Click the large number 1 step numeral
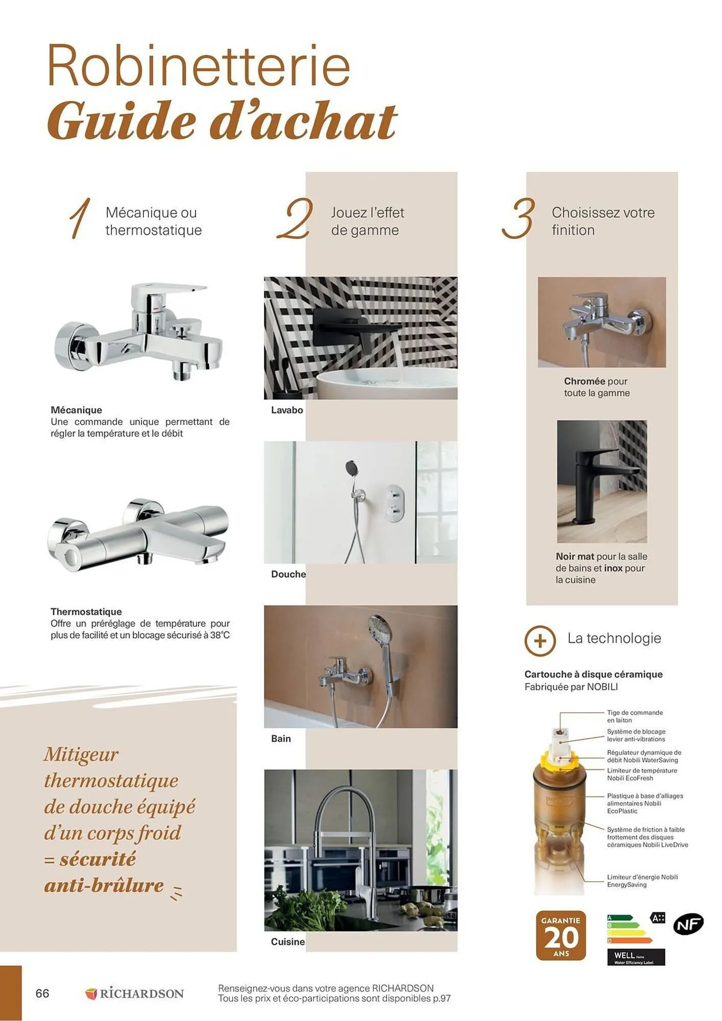click(80, 218)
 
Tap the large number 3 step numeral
click(518, 218)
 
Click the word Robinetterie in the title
click(198, 67)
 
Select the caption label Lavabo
click(287, 410)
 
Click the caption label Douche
click(288, 574)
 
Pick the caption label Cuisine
click(287, 942)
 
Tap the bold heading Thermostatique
click(86, 612)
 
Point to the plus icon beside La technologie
click(540, 640)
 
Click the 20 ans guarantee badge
click(561, 936)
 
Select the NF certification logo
click(688, 924)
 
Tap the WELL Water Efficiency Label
click(636, 957)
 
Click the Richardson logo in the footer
click(134, 993)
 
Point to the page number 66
click(42, 993)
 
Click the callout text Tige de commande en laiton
click(634, 716)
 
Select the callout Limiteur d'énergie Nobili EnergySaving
click(642, 881)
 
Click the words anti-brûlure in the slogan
click(104, 886)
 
